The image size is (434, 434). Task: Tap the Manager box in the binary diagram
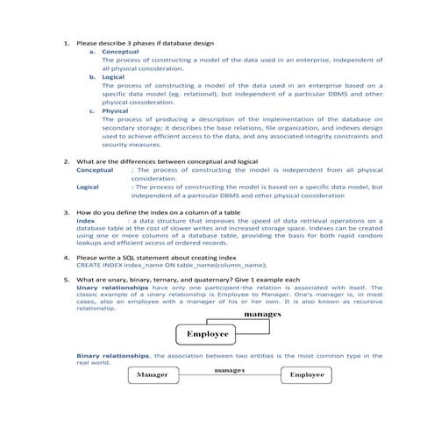153,375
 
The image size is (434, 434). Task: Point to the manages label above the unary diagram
262,313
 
